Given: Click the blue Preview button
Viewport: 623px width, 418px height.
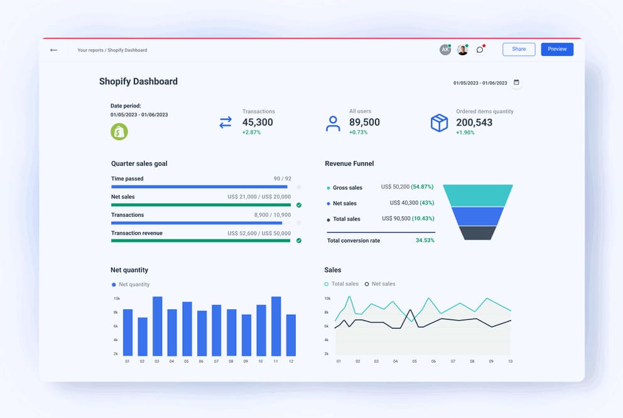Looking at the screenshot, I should [556, 49].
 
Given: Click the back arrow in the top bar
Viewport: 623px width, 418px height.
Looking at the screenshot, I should [53, 50].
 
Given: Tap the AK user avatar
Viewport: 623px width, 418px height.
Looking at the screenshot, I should [445, 50].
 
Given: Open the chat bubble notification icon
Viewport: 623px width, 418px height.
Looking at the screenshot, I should [480, 50].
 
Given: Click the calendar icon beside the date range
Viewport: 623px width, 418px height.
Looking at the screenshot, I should [516, 82].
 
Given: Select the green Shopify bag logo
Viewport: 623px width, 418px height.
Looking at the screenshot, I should [119, 131].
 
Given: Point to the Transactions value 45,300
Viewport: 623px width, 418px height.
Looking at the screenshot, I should [257, 123].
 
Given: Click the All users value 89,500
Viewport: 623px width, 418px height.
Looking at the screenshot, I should [364, 123].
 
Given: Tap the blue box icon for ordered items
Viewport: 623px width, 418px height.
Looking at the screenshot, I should [439, 123].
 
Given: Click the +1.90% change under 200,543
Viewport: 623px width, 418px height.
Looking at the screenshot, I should [465, 133].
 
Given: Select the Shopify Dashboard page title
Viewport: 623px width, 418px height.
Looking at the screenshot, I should [138, 81].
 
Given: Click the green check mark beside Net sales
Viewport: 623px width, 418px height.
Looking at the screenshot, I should [299, 205].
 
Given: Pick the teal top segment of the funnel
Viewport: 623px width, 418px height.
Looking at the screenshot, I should [478, 195].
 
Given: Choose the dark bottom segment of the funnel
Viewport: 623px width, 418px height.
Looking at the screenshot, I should [478, 233].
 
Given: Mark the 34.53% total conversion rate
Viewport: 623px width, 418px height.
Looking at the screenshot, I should [425, 241].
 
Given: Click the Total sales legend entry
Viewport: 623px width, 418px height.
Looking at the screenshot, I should [342, 284].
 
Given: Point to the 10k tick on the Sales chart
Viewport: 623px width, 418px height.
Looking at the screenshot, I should [327, 299].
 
